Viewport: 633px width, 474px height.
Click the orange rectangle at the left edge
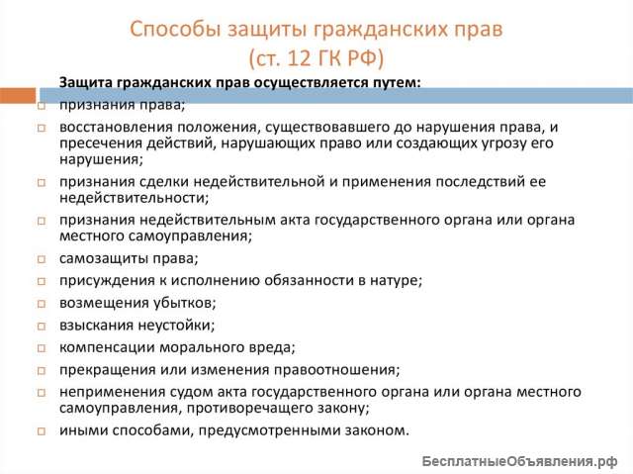(x=17, y=96)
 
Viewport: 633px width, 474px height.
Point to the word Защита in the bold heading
(x=86, y=82)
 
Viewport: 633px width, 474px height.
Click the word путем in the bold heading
(x=395, y=82)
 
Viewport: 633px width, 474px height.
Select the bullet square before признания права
(x=41, y=105)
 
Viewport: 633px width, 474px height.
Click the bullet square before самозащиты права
(x=41, y=260)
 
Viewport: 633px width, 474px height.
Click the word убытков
(x=184, y=302)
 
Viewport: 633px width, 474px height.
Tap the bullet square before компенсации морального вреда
(x=41, y=347)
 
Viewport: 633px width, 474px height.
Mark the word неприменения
(x=107, y=392)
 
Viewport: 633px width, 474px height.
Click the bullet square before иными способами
(x=41, y=431)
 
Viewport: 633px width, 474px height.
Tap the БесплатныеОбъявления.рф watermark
(x=518, y=461)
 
